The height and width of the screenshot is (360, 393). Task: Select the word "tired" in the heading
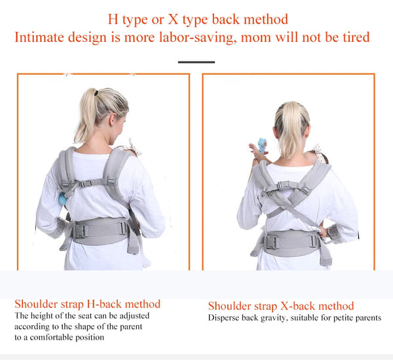[354, 37]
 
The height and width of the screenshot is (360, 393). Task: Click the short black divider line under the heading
[196, 62]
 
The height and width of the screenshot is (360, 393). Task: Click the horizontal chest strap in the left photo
[94, 183]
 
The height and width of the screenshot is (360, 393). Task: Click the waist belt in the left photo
[100, 230]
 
